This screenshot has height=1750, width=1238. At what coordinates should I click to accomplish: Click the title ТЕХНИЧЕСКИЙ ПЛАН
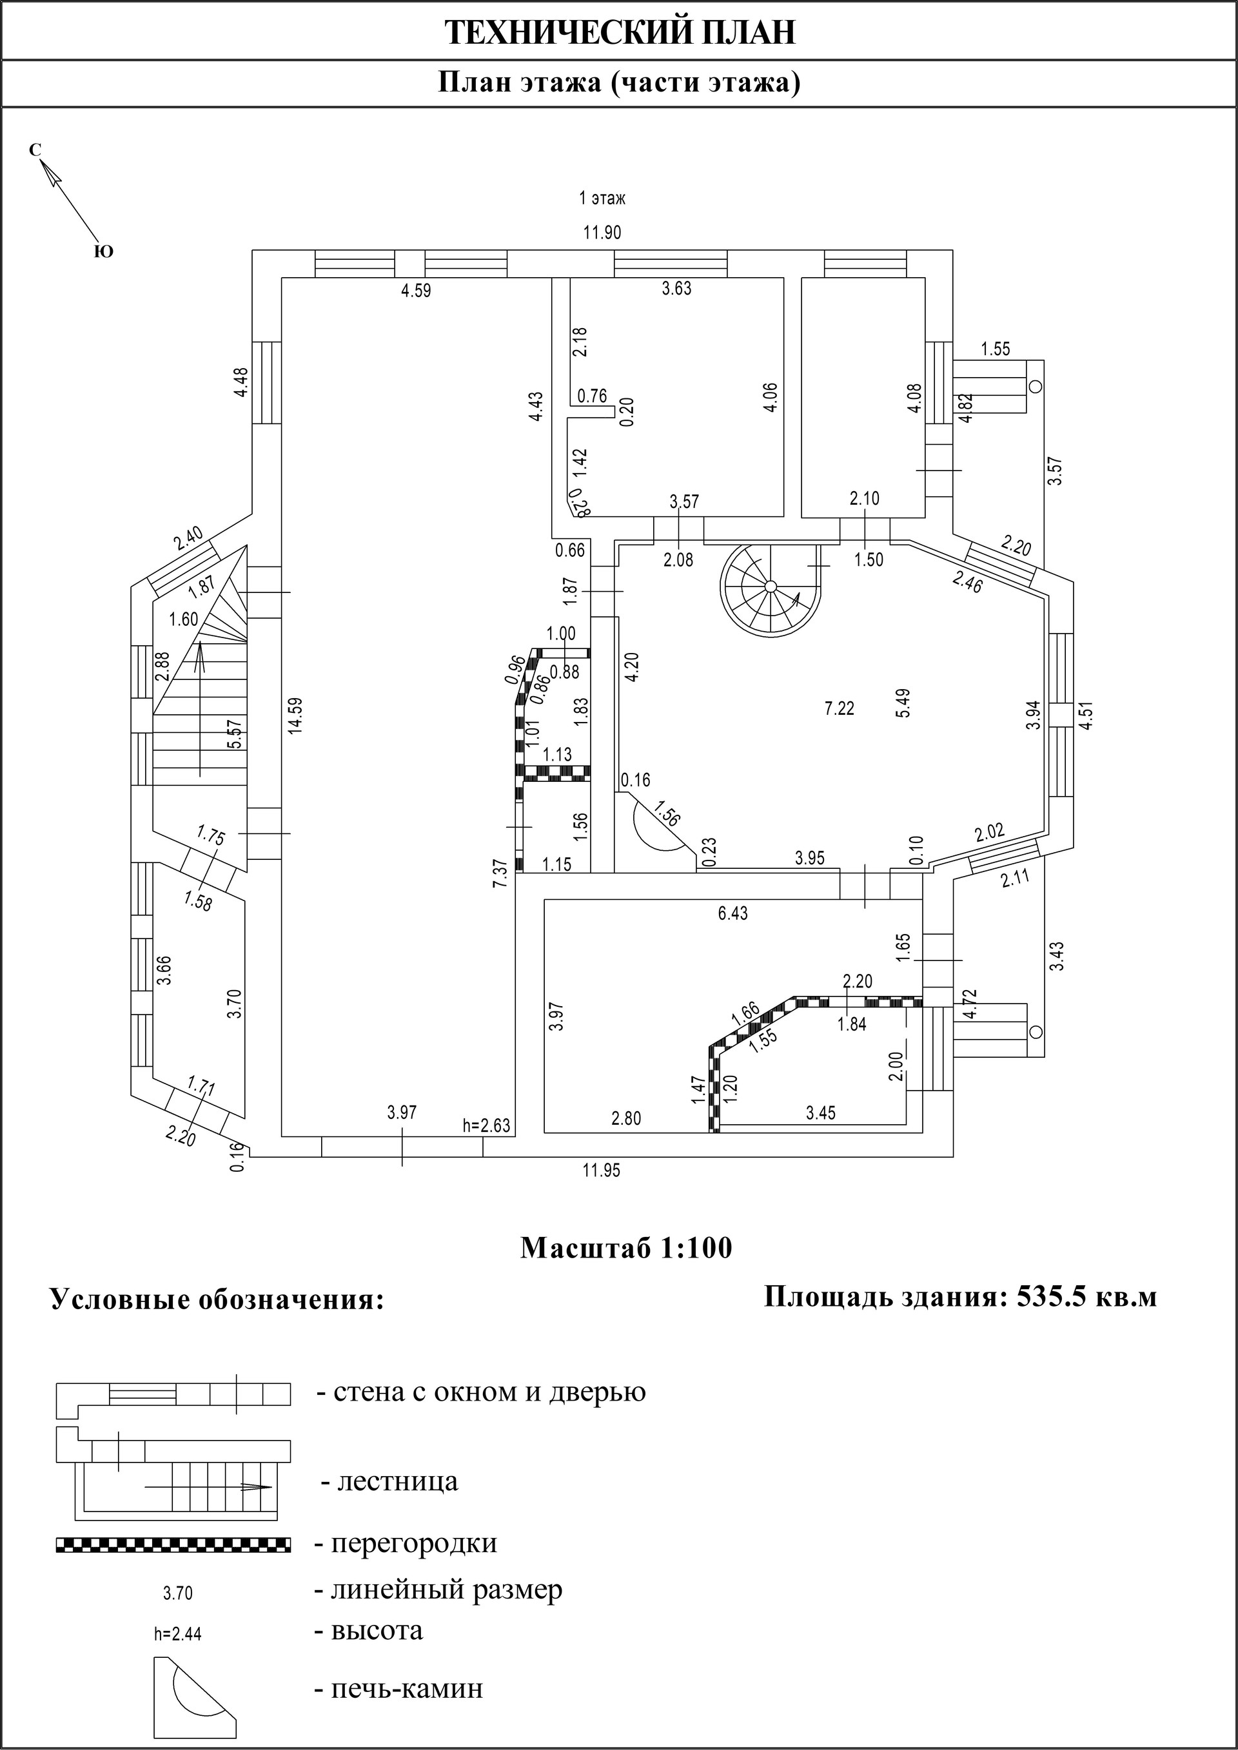point(620,34)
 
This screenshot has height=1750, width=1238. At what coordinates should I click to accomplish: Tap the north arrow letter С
point(34,150)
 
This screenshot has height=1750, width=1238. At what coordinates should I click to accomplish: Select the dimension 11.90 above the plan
point(602,233)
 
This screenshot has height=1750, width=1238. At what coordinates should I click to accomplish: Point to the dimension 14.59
point(296,715)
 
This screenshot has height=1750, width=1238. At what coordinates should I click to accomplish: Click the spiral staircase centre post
point(770,585)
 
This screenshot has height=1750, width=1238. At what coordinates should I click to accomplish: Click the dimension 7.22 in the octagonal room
point(840,708)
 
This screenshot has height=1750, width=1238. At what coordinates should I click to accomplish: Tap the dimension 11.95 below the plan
point(602,1171)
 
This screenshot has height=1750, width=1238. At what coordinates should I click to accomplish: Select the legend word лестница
point(389,1483)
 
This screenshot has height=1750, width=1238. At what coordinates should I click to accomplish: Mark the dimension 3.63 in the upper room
point(677,288)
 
